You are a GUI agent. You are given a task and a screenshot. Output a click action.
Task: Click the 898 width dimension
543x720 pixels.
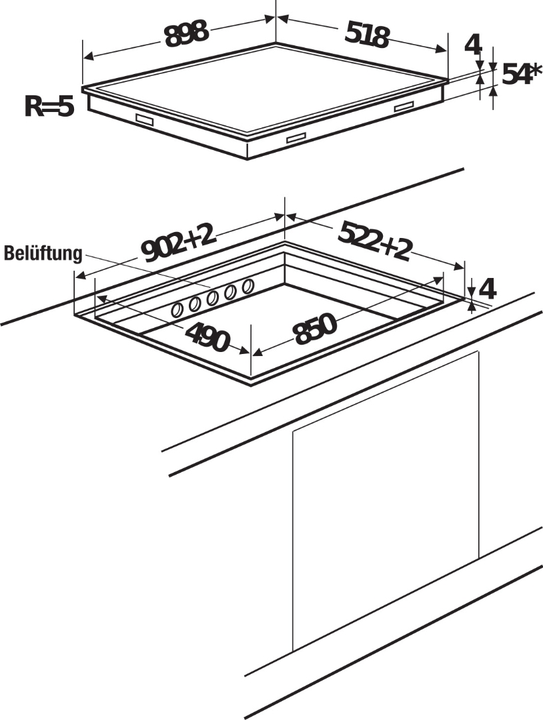pos(187,34)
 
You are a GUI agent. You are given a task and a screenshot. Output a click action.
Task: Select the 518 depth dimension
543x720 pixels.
pos(366,35)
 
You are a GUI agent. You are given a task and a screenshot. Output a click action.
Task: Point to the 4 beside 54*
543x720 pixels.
pos(473,45)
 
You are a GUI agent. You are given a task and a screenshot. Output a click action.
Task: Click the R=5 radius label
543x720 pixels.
pos(49,107)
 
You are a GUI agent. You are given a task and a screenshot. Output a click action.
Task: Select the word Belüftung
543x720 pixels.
pos(43,254)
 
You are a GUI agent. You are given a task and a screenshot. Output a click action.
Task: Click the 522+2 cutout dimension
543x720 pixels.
pos(375,241)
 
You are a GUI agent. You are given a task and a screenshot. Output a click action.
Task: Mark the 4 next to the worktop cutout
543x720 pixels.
pos(488,289)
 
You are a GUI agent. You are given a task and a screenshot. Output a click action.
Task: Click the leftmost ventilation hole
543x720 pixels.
pos(178,309)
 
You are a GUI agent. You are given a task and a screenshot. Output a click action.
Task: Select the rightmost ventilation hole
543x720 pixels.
pos(247,287)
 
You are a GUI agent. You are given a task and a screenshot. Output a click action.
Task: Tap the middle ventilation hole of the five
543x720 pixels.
pos(213,298)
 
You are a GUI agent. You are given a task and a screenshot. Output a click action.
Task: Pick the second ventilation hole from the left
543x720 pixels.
pos(195,304)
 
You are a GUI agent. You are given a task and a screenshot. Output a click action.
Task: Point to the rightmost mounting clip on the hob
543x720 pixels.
pos(404,107)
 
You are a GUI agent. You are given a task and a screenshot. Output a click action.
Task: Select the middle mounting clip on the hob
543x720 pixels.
pos(296,138)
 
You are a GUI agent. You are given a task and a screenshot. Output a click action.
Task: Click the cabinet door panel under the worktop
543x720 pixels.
pos(385,500)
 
